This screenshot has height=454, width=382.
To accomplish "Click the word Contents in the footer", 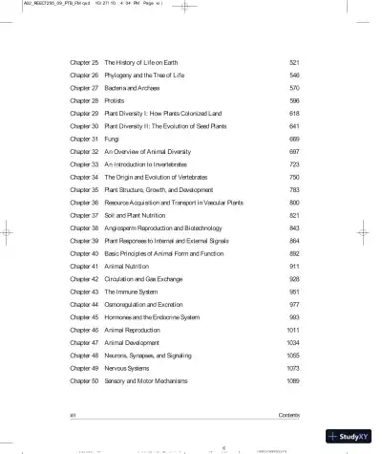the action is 288,415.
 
